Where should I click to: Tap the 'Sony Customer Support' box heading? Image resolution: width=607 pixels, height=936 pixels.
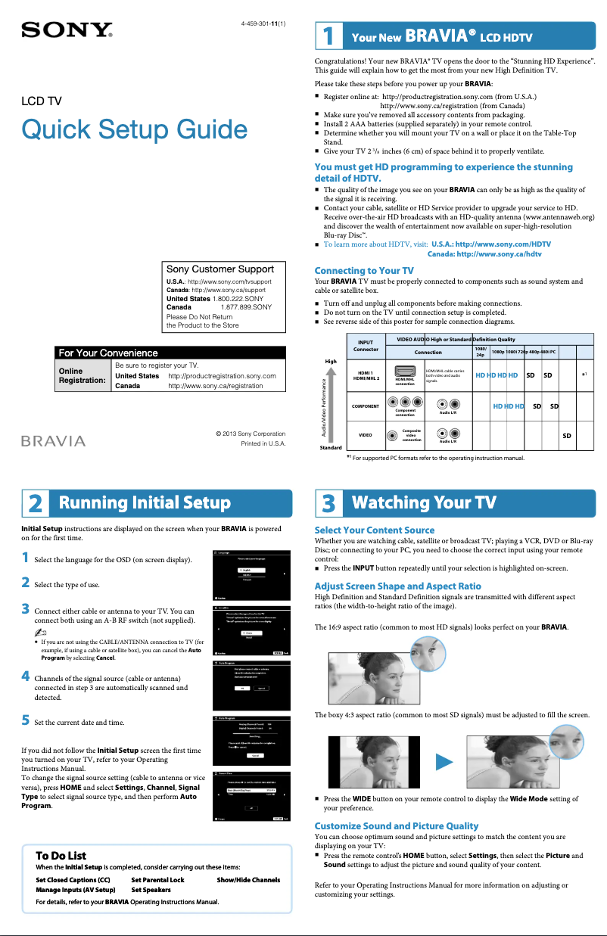pyautogui.click(x=220, y=269)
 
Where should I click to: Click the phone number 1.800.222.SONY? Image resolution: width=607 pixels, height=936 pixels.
pyautogui.click(x=238, y=299)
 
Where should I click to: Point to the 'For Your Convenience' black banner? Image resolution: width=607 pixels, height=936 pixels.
pyautogui.click(x=161, y=353)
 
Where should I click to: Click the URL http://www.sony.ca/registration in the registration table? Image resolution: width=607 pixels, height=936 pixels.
pyautogui.click(x=215, y=385)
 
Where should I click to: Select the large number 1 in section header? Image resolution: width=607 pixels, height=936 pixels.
pyautogui.click(x=328, y=36)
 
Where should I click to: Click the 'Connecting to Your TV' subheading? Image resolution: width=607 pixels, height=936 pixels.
pyautogui.click(x=364, y=270)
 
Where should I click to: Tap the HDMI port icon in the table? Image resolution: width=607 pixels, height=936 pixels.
pyautogui.click(x=404, y=372)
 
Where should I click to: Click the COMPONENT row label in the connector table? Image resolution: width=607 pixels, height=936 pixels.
pyautogui.click(x=366, y=406)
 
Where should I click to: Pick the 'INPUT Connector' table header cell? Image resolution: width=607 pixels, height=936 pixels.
pyautogui.click(x=366, y=346)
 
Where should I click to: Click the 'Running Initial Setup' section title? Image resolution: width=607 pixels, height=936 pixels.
pyautogui.click(x=145, y=503)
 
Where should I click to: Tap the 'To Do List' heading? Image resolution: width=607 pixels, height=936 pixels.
pyautogui.click(x=61, y=856)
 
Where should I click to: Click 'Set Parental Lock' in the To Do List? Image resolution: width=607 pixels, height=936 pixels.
pyautogui.click(x=157, y=880)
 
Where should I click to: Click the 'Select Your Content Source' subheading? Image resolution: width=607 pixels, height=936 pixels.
pyautogui.click(x=375, y=530)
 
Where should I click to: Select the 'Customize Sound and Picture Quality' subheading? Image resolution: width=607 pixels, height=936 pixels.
pyautogui.click(x=396, y=826)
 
